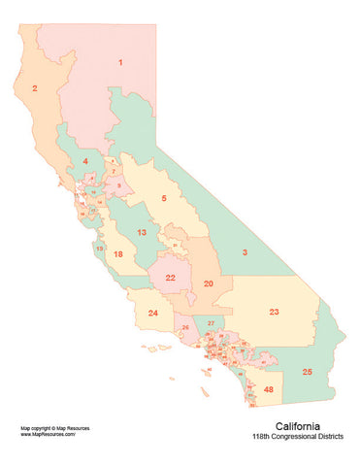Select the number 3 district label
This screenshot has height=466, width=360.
pyautogui.click(x=245, y=252)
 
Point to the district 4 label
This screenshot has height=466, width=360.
pyautogui.click(x=85, y=160)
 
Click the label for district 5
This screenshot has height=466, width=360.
pyautogui.click(x=164, y=198)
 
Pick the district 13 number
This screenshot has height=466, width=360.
pyautogui.click(x=142, y=233)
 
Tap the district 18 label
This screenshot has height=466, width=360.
pyautogui.click(x=118, y=254)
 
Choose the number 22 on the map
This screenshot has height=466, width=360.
pyautogui.click(x=170, y=278)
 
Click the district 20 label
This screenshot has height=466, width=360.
pyautogui.click(x=209, y=283)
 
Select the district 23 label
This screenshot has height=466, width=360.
pyautogui.click(x=275, y=312)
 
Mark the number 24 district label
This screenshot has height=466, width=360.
pyautogui.click(x=153, y=314)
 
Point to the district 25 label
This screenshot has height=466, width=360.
pyautogui.click(x=308, y=372)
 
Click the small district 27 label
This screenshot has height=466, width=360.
pyautogui.click(x=211, y=321)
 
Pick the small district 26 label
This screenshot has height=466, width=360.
pyautogui.click(x=185, y=328)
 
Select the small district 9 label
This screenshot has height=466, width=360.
pyautogui.click(x=118, y=183)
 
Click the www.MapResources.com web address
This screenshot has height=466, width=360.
pyautogui.click(x=48, y=434)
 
